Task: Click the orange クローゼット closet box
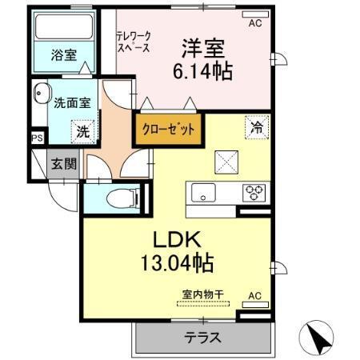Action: pyautogui.click(x=167, y=128)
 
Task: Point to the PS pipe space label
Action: pyautogui.click(x=37, y=138)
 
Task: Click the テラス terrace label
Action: pyautogui.click(x=204, y=337)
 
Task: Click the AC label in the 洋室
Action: pyautogui.click(x=254, y=23)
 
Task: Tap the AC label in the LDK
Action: pyautogui.click(x=254, y=295)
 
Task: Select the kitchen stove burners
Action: pyautogui.click(x=254, y=192)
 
